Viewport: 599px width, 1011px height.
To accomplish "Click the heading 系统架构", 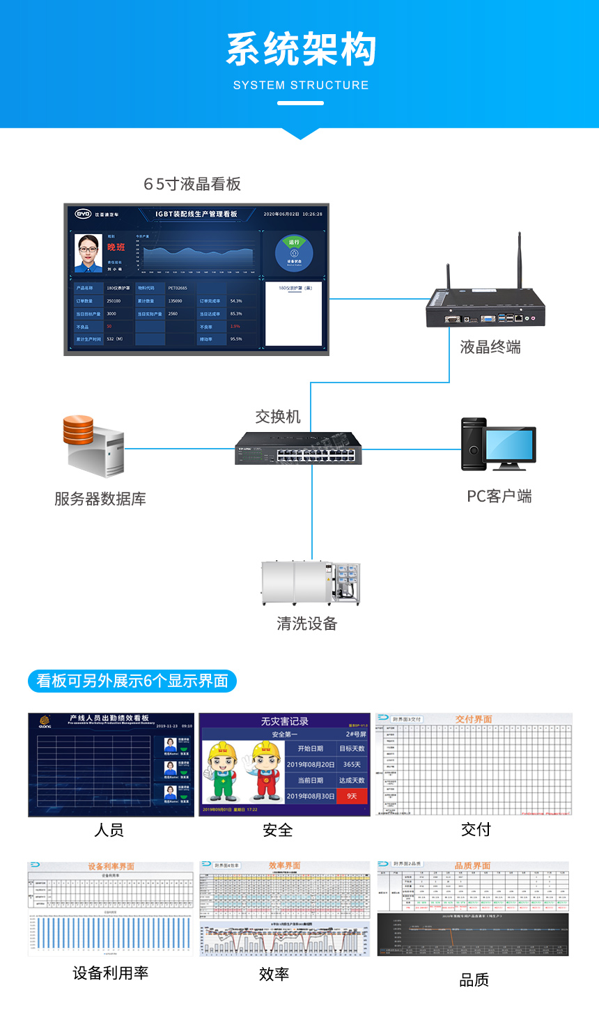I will click(x=301, y=50).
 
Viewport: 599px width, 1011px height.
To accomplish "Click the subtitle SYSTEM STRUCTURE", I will click(x=301, y=86).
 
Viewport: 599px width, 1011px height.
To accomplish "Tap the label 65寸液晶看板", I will click(x=192, y=184).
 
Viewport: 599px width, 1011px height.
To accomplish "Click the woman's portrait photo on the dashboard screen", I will click(x=88, y=253).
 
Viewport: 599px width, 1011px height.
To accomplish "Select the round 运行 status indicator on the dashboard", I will click(x=294, y=253).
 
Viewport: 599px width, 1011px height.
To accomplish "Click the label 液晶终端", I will click(x=490, y=347).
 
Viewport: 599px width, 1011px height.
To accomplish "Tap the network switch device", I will click(x=298, y=448).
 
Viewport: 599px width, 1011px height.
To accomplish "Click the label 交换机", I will click(x=278, y=417).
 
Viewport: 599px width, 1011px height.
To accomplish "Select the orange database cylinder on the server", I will click(x=78, y=430).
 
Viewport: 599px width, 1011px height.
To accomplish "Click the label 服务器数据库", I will click(x=100, y=499).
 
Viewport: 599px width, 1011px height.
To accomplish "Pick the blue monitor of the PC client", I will click(x=509, y=445).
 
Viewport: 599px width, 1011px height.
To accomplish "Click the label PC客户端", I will click(x=499, y=496).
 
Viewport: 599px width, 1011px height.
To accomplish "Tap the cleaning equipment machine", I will click(x=311, y=582).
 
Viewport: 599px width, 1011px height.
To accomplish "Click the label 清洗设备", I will click(x=307, y=624).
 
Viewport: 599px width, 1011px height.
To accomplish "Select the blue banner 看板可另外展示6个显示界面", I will click(x=132, y=681).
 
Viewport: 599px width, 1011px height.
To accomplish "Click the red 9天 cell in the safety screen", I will click(x=352, y=796).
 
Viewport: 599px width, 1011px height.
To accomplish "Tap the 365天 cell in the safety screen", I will click(x=352, y=764).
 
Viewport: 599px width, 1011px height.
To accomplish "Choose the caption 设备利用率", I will click(x=111, y=973).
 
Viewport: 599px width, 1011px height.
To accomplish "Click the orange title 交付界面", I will click(x=474, y=719).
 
